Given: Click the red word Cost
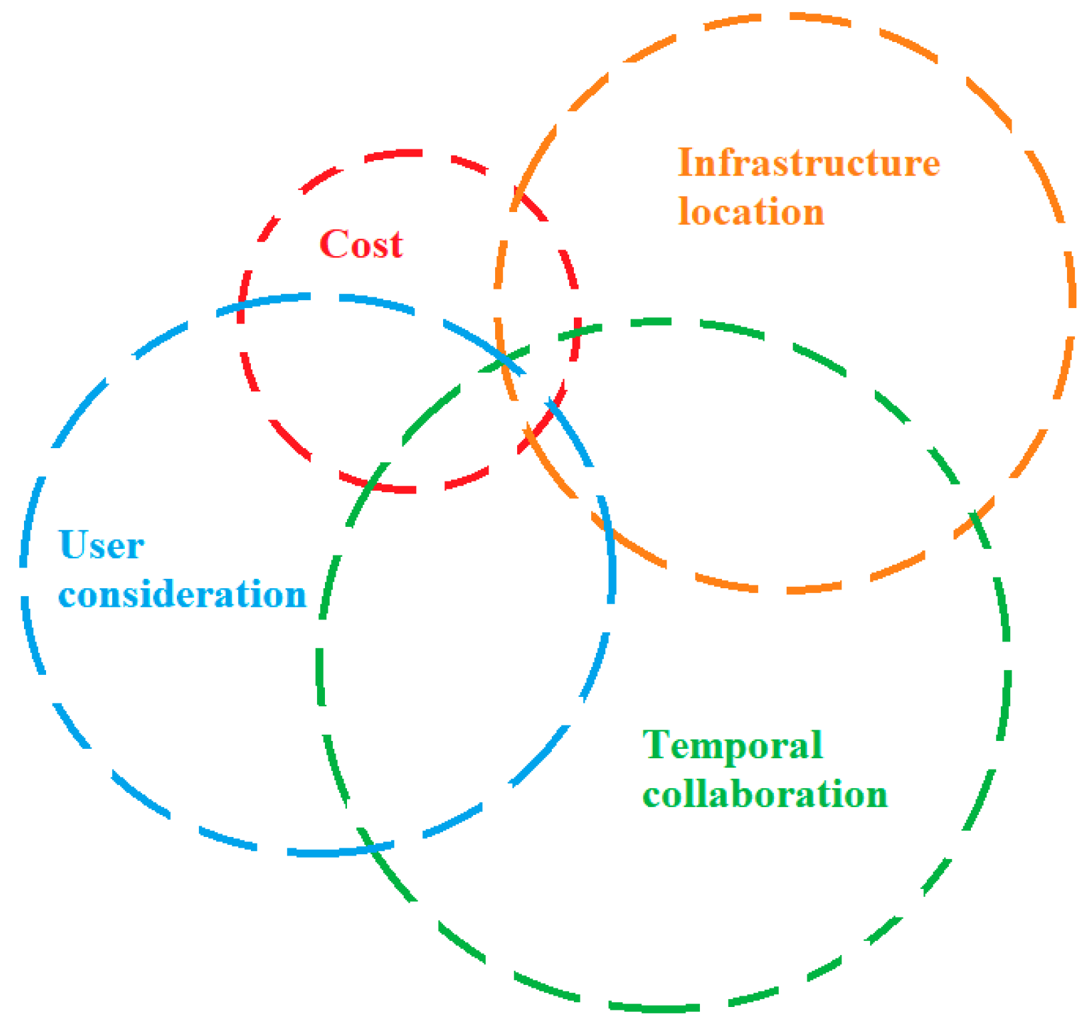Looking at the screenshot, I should [361, 244].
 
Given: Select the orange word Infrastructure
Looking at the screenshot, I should [809, 163].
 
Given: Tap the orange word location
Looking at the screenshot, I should [751, 212].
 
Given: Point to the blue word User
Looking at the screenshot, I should [101, 546].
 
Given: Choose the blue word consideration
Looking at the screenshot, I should [182, 594].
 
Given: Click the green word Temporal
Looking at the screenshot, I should [733, 745].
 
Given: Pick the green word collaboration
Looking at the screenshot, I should [765, 794].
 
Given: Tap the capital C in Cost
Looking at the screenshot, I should [333, 244].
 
